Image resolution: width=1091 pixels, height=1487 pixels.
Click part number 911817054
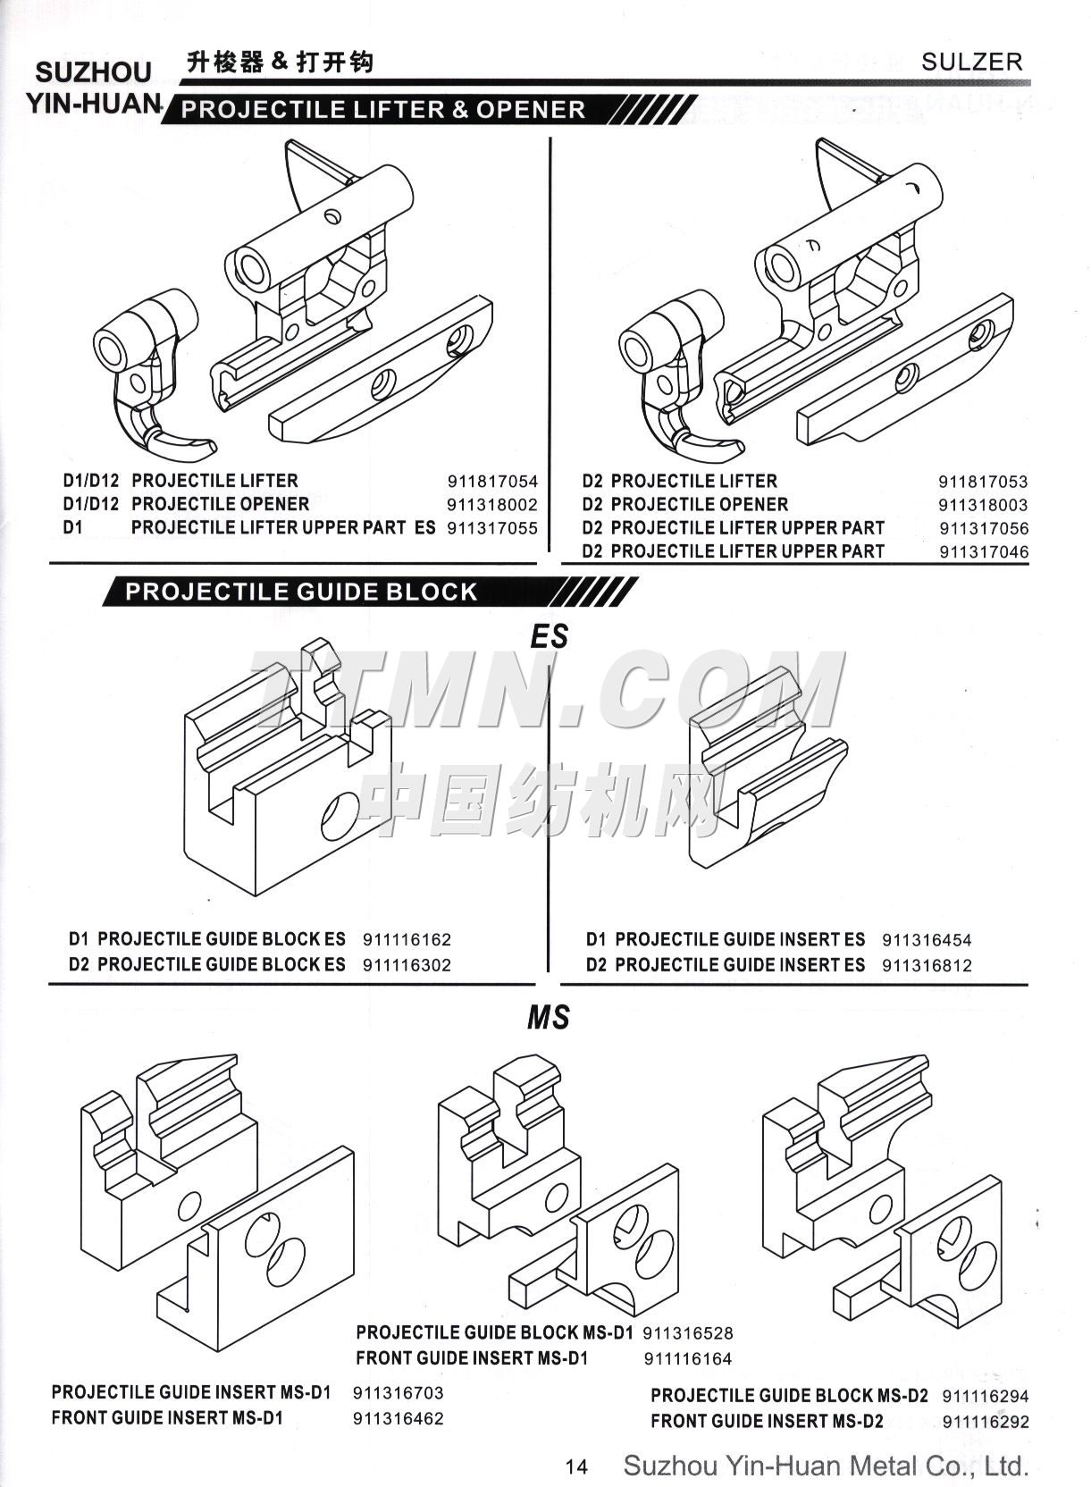coord(492,481)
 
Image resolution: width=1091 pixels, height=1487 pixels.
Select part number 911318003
coord(983,505)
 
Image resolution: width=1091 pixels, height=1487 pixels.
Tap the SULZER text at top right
coord(971,62)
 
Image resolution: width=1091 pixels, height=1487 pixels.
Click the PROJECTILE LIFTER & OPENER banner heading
coord(383,110)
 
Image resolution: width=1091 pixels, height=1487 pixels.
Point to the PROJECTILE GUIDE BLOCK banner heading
coord(301,592)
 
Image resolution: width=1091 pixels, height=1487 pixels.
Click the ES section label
coord(549,636)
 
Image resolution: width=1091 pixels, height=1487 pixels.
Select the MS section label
coord(548,1017)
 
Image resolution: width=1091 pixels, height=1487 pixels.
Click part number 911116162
coord(407,940)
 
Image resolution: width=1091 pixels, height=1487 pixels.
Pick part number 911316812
coord(926,965)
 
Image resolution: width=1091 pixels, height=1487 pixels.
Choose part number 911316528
coord(687,1333)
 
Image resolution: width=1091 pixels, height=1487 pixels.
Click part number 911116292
coord(986,1422)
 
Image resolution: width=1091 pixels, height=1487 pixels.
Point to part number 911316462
coord(398,1418)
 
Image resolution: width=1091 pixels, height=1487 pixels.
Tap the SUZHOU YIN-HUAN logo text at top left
coord(92,87)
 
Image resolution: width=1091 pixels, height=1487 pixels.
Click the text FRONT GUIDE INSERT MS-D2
coord(767,1421)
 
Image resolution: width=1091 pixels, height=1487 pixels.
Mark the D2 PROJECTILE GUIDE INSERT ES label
coord(725,965)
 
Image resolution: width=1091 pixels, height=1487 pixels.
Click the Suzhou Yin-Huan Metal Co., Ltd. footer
coord(826,1466)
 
